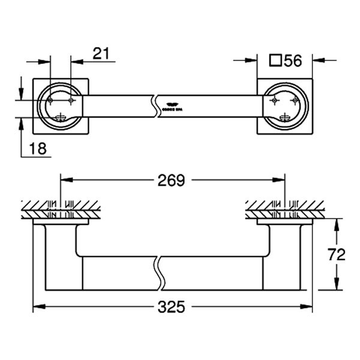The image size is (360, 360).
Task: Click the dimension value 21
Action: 101,53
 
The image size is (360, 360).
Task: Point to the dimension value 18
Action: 37,148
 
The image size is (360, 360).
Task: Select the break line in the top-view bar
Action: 157,105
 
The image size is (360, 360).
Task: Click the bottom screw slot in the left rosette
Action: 59,117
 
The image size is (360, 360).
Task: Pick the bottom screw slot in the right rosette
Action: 286,117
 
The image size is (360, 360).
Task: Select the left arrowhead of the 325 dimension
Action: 37,307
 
